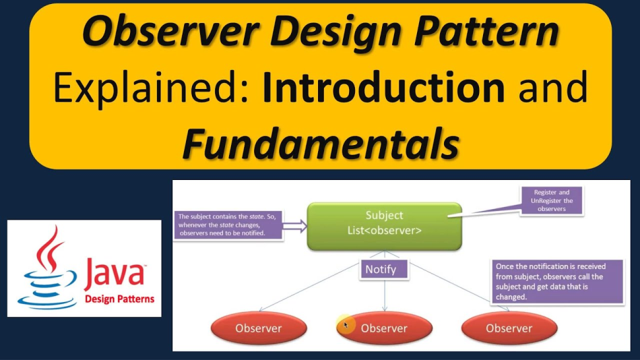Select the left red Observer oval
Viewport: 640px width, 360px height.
click(x=259, y=328)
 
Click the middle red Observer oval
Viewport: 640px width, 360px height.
click(x=384, y=328)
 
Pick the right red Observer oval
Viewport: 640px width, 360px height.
click(x=509, y=328)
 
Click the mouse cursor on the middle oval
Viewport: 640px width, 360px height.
click(x=346, y=325)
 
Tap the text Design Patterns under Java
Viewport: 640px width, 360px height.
click(x=119, y=299)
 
